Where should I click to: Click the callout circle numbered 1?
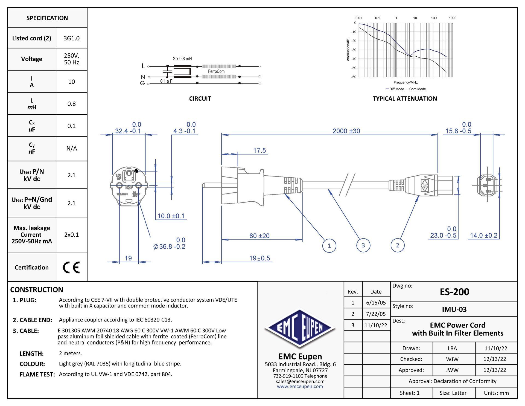[329, 246]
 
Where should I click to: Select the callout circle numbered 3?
[363, 245]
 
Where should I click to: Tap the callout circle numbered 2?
[398, 245]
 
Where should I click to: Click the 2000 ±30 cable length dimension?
[346, 131]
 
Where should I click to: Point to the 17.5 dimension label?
[259, 150]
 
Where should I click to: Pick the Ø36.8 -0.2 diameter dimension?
[170, 246]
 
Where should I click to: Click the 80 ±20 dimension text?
[259, 236]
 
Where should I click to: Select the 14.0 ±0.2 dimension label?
[483, 235]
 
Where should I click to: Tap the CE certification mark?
[71, 267]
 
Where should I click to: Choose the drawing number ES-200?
[454, 292]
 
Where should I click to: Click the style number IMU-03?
[454, 309]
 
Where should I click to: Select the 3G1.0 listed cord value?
[71, 38]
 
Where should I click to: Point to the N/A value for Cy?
[72, 148]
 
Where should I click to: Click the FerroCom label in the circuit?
[216, 71]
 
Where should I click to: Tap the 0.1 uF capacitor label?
[166, 81]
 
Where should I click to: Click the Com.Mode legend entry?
[417, 89]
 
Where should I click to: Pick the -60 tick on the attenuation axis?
[354, 77]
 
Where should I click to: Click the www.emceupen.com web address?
[300, 387]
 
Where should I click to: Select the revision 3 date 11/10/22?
[376, 325]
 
